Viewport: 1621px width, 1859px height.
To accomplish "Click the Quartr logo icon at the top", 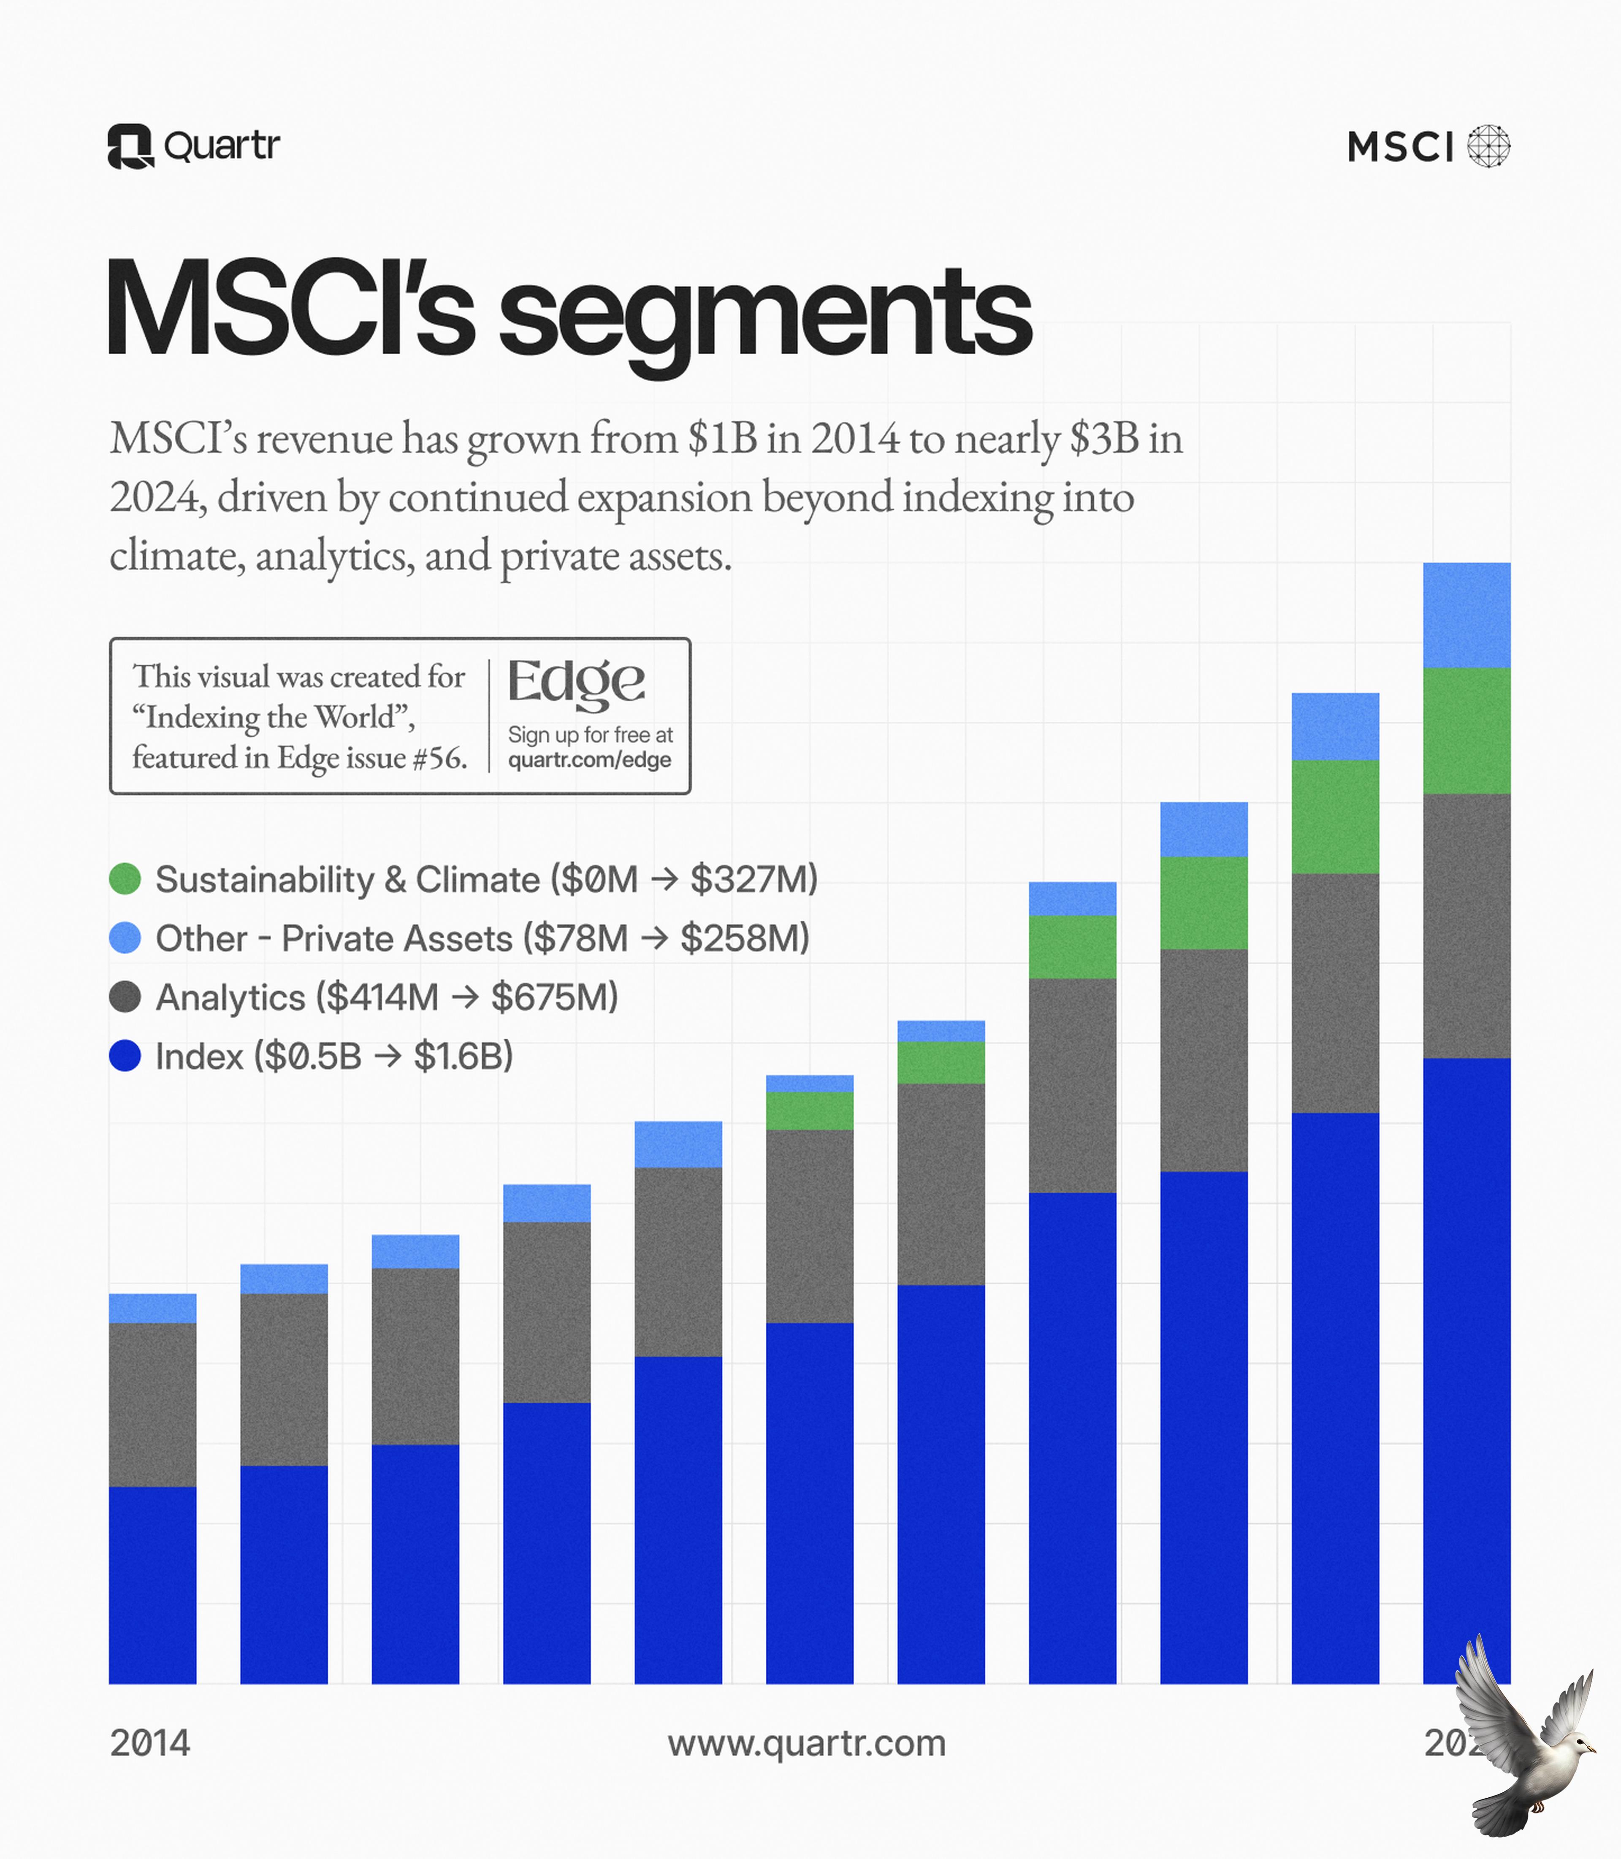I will pyautogui.click(x=130, y=146).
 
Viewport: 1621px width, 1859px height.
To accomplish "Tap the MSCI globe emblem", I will pyautogui.click(x=1488, y=146).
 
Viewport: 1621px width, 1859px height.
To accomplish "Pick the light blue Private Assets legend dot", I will pyautogui.click(x=125, y=938).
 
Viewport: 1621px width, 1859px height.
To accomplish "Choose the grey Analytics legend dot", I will pyautogui.click(x=125, y=997).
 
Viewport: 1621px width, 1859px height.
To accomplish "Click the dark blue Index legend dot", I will pyautogui.click(x=125, y=1056).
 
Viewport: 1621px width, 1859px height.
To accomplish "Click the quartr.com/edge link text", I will pyautogui.click(x=589, y=760).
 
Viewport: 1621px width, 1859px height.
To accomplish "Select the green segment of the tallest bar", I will pyautogui.click(x=1466, y=730).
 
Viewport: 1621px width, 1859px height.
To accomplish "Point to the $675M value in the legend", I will pyautogui.click(x=553, y=997).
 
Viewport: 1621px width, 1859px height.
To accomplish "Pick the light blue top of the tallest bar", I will pyautogui.click(x=1466, y=615).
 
